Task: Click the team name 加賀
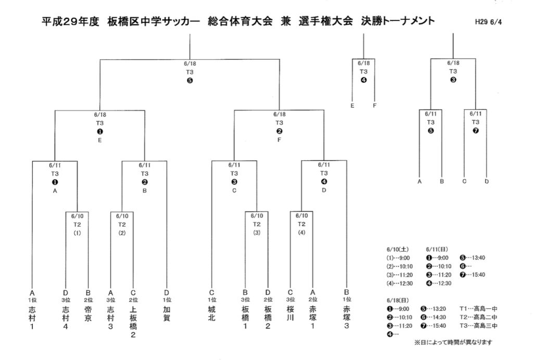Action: point(167,314)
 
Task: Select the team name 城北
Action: point(212,314)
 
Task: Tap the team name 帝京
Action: point(88,314)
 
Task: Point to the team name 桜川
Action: point(290,314)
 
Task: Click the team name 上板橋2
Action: point(133,322)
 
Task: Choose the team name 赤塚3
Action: point(347,317)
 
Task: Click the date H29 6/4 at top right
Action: point(488,22)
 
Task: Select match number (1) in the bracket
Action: point(77,233)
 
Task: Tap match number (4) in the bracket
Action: point(301,233)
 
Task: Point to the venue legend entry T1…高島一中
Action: point(478,308)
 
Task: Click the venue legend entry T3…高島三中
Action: point(478,326)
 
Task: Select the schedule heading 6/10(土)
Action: point(398,250)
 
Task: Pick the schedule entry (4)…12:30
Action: point(400,283)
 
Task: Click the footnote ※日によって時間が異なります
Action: point(453,342)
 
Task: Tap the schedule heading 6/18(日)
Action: point(398,301)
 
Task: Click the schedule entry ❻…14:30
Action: point(434,317)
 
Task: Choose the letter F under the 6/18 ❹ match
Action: point(375,105)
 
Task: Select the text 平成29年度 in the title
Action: point(70,21)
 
